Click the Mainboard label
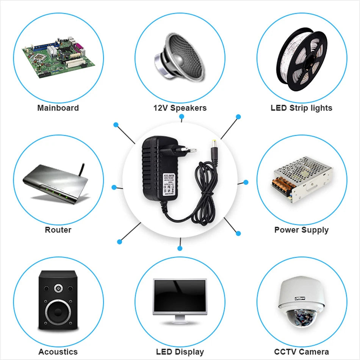(58, 108)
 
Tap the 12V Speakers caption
(180, 108)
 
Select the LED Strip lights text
(301, 108)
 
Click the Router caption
(58, 230)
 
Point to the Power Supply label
(301, 230)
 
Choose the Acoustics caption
(58, 352)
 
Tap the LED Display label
(180, 352)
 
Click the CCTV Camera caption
(301, 352)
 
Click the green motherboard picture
(57, 57)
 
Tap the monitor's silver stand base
(180, 322)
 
